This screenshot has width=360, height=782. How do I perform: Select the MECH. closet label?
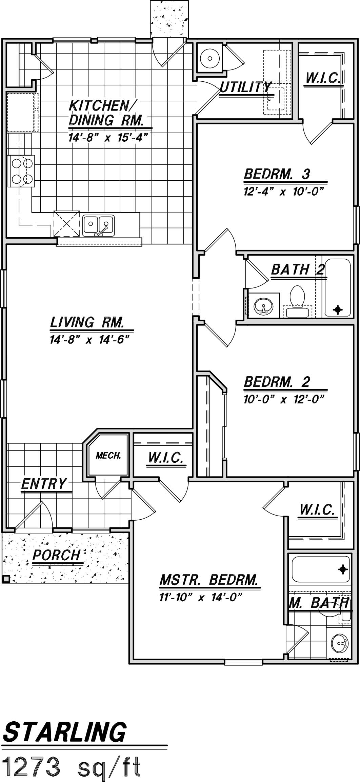pyautogui.click(x=108, y=456)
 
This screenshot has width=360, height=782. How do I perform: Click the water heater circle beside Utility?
pyautogui.click(x=210, y=58)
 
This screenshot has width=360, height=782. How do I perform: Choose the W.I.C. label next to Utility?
pyautogui.click(x=323, y=78)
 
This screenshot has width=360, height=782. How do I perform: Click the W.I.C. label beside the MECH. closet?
pyautogui.click(x=166, y=458)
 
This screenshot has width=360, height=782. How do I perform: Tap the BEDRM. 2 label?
pyautogui.click(x=277, y=382)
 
